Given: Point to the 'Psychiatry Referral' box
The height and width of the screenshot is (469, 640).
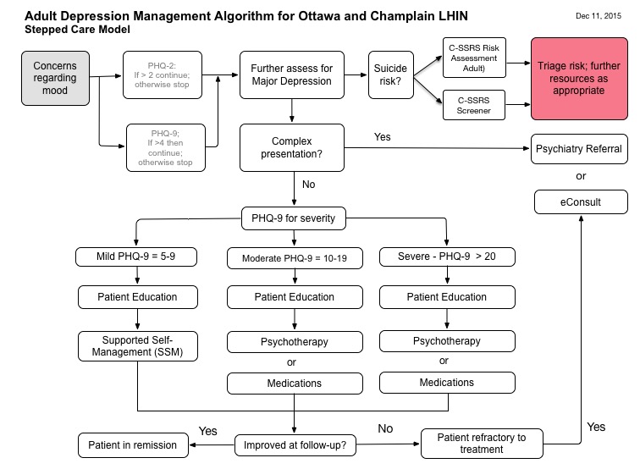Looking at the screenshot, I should (x=579, y=149).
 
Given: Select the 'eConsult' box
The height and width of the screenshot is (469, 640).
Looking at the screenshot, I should (x=580, y=202).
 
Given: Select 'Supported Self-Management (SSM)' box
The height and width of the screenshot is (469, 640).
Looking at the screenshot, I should (x=137, y=345).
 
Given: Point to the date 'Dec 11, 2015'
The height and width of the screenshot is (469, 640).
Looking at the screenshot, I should (x=599, y=14).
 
